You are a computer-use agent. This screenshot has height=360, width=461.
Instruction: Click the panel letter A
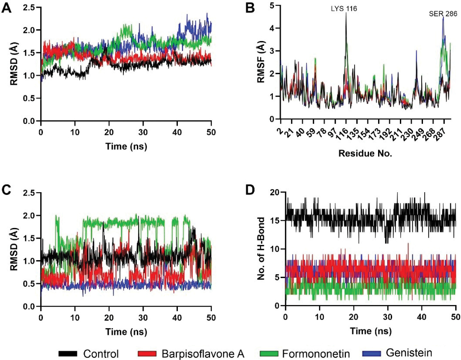7,8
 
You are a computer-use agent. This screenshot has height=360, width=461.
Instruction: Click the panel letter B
250,8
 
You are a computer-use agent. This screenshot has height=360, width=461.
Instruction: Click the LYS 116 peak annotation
344,9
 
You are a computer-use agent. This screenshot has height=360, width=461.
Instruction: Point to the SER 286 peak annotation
443,14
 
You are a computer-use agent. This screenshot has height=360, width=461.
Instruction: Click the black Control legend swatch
68,353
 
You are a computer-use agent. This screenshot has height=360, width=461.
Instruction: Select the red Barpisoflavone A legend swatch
147,353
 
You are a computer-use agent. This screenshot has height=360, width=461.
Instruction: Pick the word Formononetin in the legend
316,353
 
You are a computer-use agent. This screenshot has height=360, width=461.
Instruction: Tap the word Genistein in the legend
409,353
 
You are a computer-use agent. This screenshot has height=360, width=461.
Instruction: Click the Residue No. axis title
365,153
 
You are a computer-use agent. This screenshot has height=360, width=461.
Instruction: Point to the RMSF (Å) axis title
261,62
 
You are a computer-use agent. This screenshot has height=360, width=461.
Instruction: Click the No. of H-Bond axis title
261,249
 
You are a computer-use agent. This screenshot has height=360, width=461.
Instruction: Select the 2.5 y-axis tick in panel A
29,7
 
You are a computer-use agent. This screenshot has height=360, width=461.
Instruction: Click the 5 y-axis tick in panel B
272,6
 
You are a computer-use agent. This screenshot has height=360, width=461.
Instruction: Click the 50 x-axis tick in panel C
211,317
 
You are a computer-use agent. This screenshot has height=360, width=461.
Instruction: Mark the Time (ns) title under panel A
126,146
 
